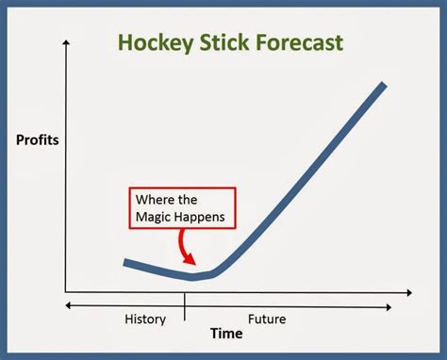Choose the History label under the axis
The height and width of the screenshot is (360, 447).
tap(144, 319)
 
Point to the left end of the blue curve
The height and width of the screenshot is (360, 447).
tap(124, 263)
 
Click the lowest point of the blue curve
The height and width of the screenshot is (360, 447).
tap(193, 277)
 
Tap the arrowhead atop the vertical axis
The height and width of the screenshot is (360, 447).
tap(67, 44)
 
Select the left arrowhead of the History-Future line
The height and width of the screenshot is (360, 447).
tap(67, 303)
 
